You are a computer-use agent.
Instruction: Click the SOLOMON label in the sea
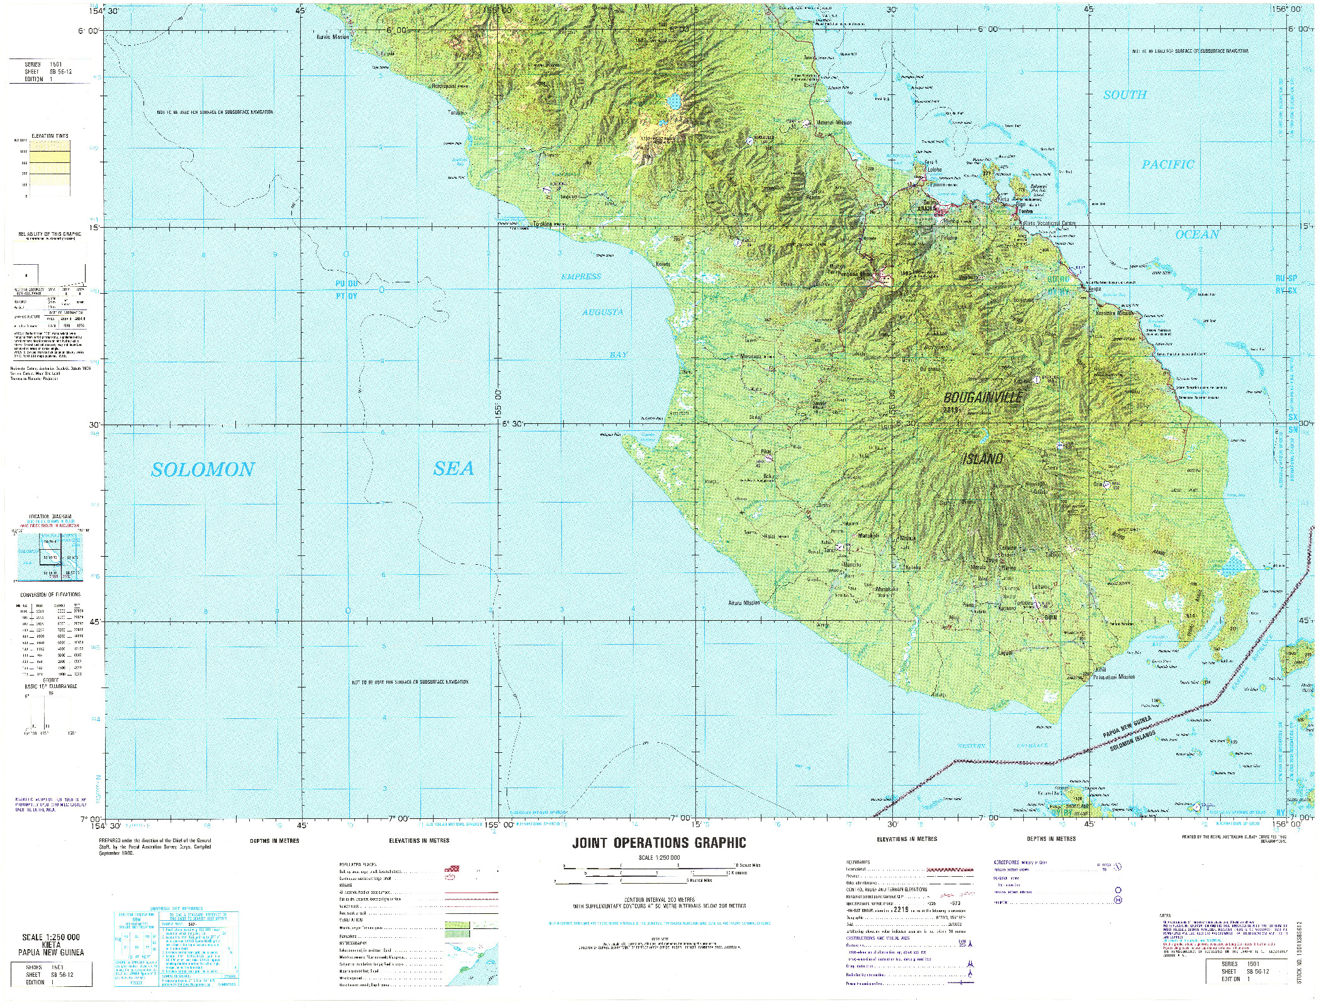pyautogui.click(x=203, y=469)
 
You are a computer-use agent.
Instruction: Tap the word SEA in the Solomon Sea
pyautogui.click(x=453, y=468)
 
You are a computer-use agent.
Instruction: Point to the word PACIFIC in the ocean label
pyautogui.click(x=1167, y=165)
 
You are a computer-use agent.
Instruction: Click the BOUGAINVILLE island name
pyautogui.click(x=982, y=398)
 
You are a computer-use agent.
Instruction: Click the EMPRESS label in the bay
pyautogui.click(x=581, y=276)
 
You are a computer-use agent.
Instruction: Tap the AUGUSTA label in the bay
pyautogui.click(x=602, y=312)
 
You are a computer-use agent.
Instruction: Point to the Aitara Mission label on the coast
pyautogui.click(x=744, y=603)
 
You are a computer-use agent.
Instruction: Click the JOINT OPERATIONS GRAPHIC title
pyautogui.click(x=659, y=843)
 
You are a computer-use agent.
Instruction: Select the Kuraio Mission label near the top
pyautogui.click(x=332, y=37)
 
